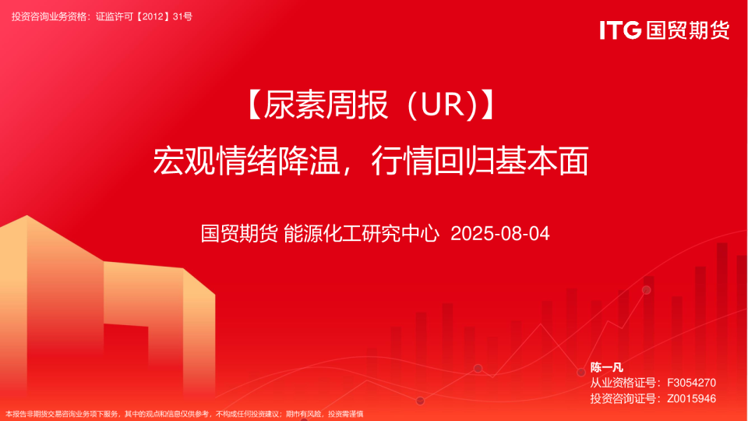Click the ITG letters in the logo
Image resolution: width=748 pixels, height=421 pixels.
click(x=620, y=30)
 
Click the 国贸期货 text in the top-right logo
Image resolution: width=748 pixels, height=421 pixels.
click(x=686, y=30)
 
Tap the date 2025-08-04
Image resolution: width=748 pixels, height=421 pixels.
click(x=500, y=233)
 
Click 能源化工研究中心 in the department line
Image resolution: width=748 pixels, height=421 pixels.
click(x=362, y=233)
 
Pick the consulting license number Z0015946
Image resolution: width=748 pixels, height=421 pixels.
click(x=691, y=398)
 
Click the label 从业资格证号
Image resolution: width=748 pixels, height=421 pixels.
click(x=621, y=383)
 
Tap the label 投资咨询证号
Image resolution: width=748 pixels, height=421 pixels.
click(x=621, y=398)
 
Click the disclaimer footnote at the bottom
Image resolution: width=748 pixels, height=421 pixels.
click(x=185, y=414)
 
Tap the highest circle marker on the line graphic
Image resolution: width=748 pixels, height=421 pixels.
click(x=646, y=290)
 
